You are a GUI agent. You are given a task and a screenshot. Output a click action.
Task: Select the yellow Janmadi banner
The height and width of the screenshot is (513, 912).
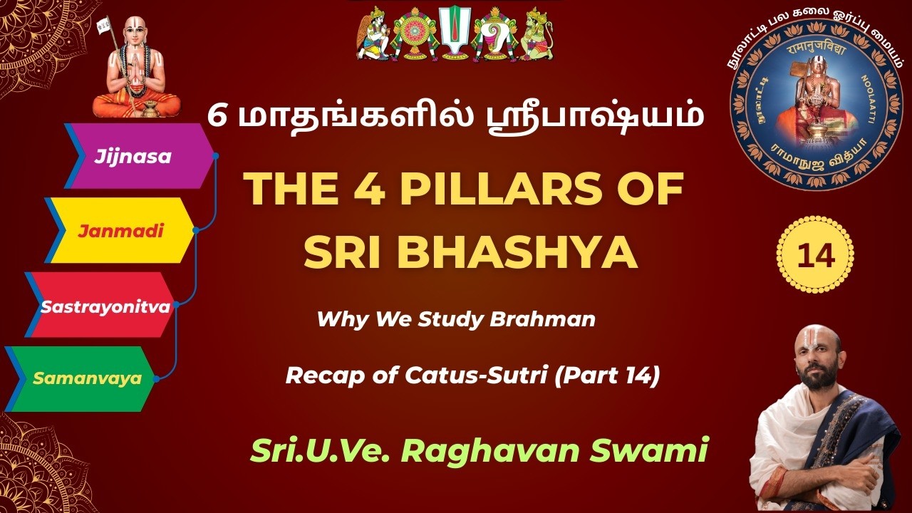pyautogui.click(x=121, y=231)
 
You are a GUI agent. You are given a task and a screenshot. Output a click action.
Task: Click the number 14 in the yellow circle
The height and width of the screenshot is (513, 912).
pyautogui.click(x=816, y=255)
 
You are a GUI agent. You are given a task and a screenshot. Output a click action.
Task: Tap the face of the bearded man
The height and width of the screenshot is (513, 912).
pyautogui.click(x=817, y=363)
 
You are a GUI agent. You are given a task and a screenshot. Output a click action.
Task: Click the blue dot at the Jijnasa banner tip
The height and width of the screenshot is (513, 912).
pyautogui.click(x=215, y=155)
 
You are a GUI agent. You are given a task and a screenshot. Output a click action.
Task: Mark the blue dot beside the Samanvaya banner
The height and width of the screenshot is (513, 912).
pyautogui.click(x=156, y=379)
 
